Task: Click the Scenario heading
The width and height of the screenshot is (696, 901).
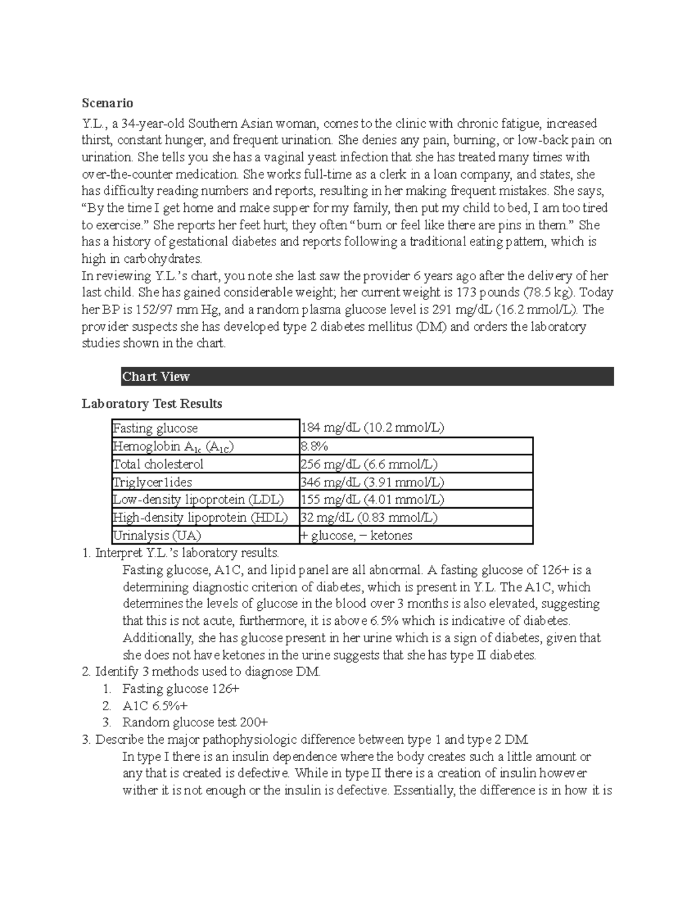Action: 107,103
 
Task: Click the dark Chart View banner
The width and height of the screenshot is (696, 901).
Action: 367,377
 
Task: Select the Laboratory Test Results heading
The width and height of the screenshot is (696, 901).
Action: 152,403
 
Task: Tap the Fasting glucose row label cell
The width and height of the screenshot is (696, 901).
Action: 155,428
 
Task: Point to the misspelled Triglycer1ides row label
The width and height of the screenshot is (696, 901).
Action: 153,482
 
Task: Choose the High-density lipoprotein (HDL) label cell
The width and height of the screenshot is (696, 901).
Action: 200,518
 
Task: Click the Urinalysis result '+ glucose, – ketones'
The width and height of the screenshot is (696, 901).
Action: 356,535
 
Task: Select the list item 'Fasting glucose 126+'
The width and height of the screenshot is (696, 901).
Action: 180,689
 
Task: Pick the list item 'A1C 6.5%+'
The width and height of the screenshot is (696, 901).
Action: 155,705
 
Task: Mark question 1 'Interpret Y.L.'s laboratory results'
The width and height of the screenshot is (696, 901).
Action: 187,553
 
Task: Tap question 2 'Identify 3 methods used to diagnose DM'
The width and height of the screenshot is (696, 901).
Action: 207,672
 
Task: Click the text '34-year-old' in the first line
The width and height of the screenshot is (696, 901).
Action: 150,124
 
